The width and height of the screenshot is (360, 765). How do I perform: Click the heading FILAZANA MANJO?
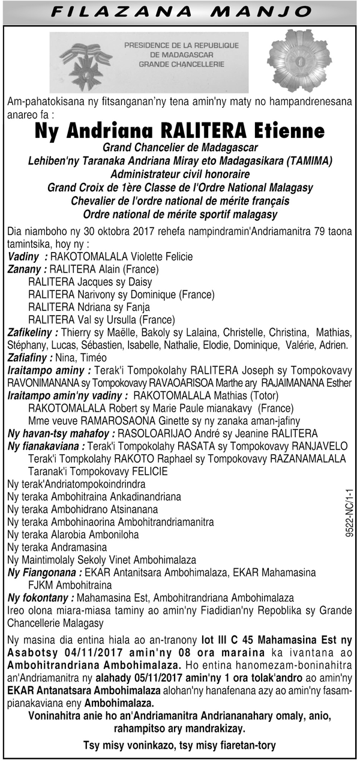pyautogui.click(x=179, y=11)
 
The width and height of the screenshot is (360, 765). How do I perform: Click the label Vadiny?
pyautogui.click(x=22, y=257)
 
